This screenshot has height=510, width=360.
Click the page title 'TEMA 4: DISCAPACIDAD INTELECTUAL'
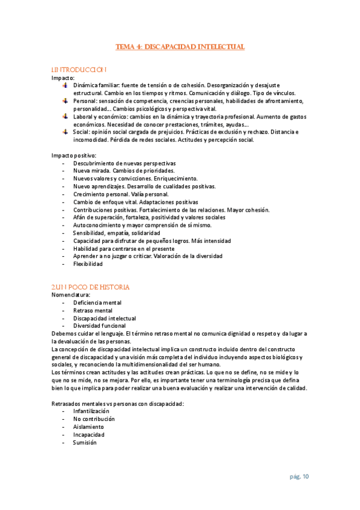click(x=180, y=46)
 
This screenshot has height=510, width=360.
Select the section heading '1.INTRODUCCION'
click(x=80, y=70)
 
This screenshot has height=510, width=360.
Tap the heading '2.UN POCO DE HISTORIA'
click(x=91, y=287)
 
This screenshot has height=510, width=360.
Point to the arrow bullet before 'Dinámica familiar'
click(x=66, y=85)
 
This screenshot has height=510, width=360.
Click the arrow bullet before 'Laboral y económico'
click(x=66, y=117)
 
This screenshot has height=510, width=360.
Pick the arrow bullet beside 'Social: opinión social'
click(x=66, y=132)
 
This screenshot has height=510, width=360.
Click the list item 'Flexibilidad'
click(x=88, y=263)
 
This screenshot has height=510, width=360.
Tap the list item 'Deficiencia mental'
click(x=97, y=303)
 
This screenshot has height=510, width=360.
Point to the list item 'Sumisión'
click(x=85, y=442)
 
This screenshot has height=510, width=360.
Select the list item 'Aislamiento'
click(x=88, y=426)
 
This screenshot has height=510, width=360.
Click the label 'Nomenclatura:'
click(x=72, y=295)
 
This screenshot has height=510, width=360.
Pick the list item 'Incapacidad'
click(x=89, y=434)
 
